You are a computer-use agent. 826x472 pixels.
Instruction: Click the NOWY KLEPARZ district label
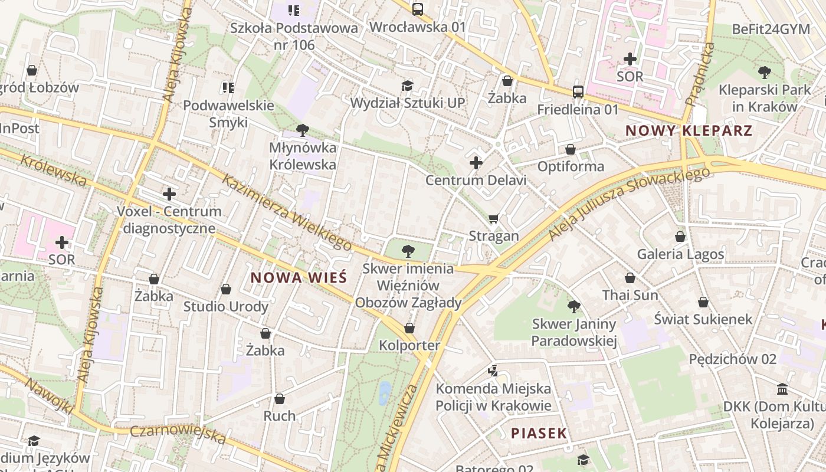(689, 130)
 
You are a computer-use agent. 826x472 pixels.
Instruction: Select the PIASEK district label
(539, 433)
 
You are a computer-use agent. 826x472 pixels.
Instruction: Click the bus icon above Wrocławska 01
(418, 9)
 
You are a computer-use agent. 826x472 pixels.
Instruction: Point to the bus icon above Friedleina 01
(578, 92)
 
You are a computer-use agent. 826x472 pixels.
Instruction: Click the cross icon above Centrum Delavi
(476, 163)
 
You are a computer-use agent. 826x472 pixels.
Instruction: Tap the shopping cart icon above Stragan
(494, 219)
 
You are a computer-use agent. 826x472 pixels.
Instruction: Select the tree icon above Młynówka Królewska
(303, 130)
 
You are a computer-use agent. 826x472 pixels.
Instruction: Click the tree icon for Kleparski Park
(765, 73)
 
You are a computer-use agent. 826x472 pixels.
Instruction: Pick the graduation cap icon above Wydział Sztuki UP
(407, 86)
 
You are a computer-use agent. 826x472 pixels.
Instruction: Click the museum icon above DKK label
(783, 389)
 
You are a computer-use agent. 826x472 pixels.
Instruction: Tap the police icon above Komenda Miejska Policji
(493, 371)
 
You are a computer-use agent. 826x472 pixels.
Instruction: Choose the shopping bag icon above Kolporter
(409, 328)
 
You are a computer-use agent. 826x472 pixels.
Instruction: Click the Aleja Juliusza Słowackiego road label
(629, 204)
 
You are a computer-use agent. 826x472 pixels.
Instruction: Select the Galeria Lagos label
(680, 254)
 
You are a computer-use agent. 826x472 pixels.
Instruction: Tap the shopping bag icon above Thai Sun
(630, 278)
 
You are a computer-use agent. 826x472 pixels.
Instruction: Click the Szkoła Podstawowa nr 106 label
(294, 36)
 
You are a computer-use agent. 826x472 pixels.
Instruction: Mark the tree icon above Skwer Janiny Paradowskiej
(573, 306)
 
